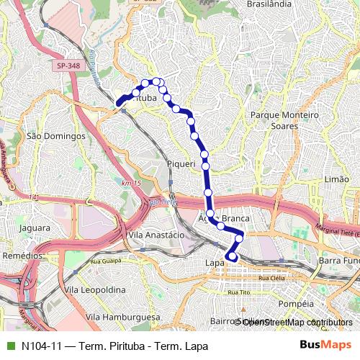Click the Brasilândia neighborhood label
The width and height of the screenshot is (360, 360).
[x=269, y=4]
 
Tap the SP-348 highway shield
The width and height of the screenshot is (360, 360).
[x=66, y=66]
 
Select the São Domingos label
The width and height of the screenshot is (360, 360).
[x=55, y=135]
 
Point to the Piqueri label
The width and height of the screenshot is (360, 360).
[x=181, y=164]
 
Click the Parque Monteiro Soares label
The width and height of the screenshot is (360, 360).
[x=284, y=120]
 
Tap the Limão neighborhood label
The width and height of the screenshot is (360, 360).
[x=337, y=179]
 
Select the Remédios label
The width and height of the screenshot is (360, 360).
[x=22, y=256]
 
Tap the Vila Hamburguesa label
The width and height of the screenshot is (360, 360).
[x=122, y=317]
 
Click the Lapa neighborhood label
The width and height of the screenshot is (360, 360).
[x=215, y=263]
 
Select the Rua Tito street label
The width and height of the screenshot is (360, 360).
[x=238, y=292]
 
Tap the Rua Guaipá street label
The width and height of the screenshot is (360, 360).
[x=106, y=261]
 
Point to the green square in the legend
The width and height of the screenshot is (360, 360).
[x=9, y=346]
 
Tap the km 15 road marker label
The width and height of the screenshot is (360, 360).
[x=131, y=184]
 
